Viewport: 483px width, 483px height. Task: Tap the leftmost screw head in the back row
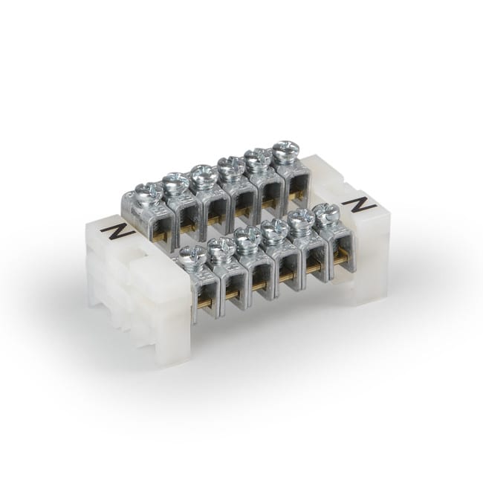point(151,192)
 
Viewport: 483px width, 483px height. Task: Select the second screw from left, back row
point(176,183)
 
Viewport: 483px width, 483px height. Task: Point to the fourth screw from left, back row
point(231,166)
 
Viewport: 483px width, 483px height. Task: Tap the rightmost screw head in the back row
point(284,152)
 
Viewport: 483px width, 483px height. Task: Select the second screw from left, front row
point(221,248)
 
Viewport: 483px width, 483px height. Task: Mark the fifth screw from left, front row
point(300,221)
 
